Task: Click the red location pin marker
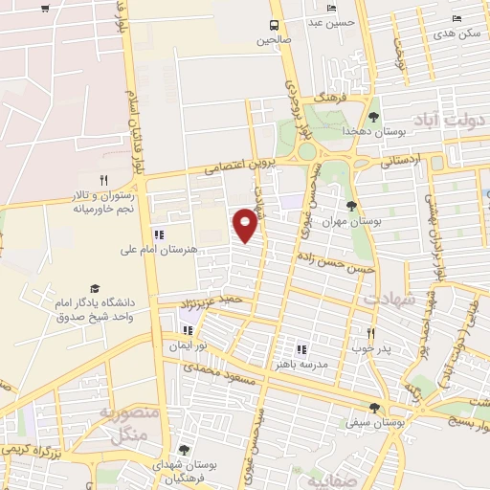point(247,224)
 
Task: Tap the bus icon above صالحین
point(275,25)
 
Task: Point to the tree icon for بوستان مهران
point(352,205)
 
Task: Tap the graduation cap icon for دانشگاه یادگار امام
point(95,288)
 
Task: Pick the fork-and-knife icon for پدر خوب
point(371,333)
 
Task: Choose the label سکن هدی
point(456,33)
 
